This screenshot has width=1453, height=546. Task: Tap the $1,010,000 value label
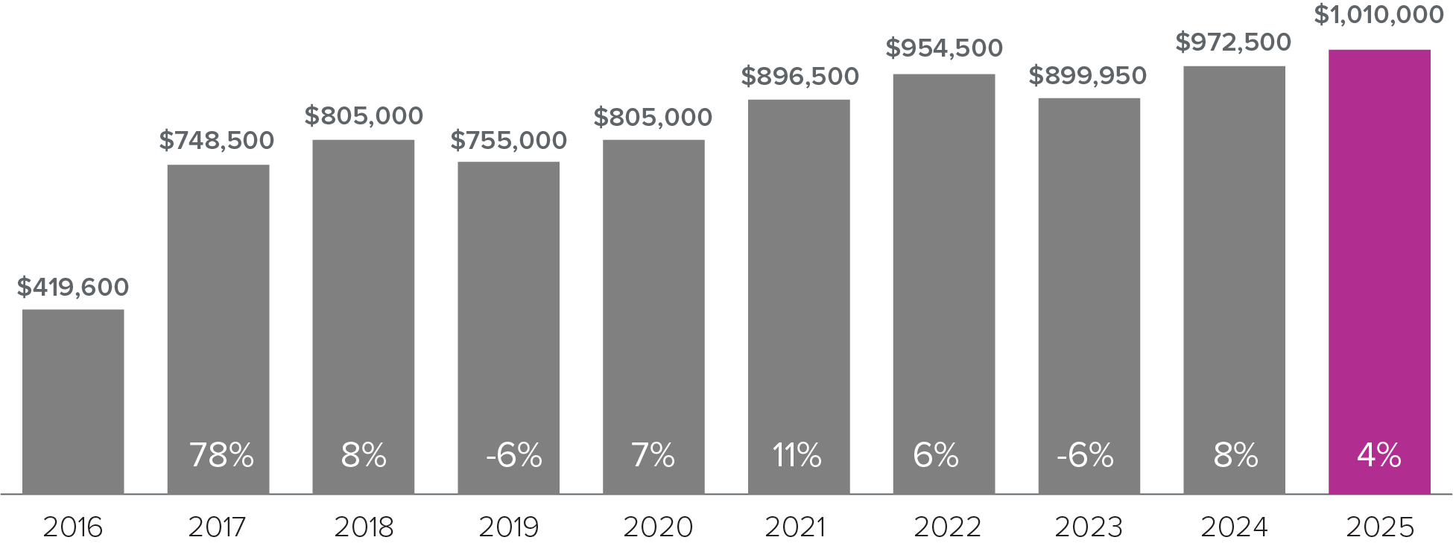coord(1378,15)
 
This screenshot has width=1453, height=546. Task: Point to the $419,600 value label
coord(73,287)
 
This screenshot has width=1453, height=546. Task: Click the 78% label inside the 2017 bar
coord(221,455)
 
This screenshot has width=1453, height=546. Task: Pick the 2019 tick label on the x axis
coord(509,527)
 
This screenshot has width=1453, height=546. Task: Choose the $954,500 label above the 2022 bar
coord(944,48)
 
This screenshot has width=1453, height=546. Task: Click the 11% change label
coord(797,455)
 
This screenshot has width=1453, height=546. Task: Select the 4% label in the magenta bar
coord(1379,455)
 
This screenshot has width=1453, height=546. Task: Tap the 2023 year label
coord(1089,527)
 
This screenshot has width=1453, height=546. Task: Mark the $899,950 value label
coord(1088,76)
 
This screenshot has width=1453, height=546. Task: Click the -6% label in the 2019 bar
coord(514,455)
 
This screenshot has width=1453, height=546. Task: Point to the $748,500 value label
coord(217,140)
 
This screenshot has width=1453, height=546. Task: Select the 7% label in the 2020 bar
coord(653,455)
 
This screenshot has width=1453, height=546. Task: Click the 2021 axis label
coord(795,527)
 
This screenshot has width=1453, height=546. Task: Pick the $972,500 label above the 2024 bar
coord(1233,42)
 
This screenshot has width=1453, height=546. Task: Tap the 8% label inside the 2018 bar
coord(364,455)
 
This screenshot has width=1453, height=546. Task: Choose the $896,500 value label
coord(800,76)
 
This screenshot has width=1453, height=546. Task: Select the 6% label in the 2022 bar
coord(936,455)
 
